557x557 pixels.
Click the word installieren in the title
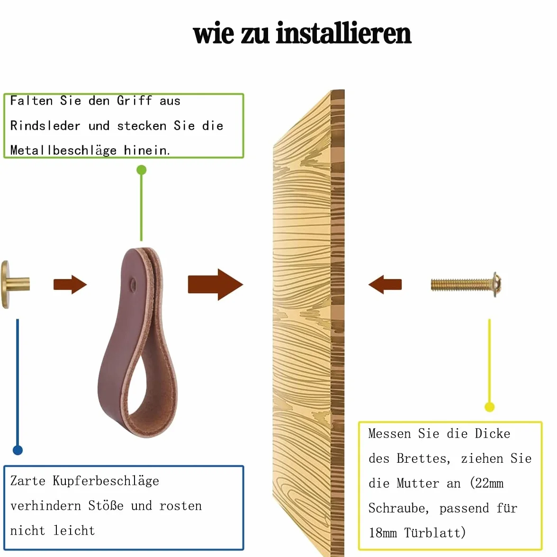[x=343, y=33]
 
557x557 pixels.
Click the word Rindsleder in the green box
[x=45, y=126]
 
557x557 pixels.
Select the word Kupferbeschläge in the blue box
[x=106, y=481]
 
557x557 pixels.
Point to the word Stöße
[x=106, y=505]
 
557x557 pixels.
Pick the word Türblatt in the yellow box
[x=435, y=533]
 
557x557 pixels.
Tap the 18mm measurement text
[x=383, y=533]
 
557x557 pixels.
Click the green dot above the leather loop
[x=141, y=170]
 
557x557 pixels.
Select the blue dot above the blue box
[x=18, y=450]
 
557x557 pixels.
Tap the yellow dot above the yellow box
[x=490, y=407]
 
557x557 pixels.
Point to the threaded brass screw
[x=466, y=285]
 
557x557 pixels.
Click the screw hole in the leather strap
[x=133, y=284]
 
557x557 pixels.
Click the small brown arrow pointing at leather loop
[x=70, y=285]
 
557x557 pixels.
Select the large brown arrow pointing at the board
[x=215, y=285]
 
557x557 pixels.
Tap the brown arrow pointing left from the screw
[x=385, y=285]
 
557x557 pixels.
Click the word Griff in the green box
[x=135, y=101]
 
